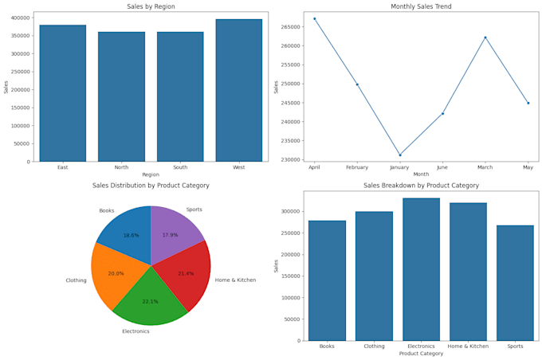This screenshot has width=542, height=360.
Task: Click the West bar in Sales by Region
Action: click(x=238, y=91)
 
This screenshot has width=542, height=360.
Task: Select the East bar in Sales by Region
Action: click(x=63, y=93)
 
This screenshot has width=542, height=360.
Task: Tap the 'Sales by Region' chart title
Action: click(x=151, y=7)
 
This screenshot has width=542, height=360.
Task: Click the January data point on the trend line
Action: click(x=400, y=155)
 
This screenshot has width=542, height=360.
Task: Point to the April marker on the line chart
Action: click(x=315, y=18)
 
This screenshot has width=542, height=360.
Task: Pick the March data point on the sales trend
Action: click(x=485, y=37)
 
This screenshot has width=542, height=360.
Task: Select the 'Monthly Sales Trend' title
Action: click(x=421, y=7)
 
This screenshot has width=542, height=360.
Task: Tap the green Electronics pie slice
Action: click(x=151, y=292)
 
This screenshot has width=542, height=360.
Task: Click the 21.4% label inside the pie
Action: click(x=187, y=273)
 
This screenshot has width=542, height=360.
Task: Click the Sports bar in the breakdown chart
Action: click(x=516, y=283)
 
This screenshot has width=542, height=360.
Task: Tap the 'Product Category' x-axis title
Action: click(x=421, y=354)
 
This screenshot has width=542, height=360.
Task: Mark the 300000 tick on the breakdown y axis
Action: click(x=289, y=211)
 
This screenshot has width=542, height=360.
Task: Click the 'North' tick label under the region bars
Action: click(x=121, y=167)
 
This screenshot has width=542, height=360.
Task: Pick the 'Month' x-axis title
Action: click(x=421, y=174)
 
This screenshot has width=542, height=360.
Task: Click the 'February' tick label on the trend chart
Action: click(x=357, y=167)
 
